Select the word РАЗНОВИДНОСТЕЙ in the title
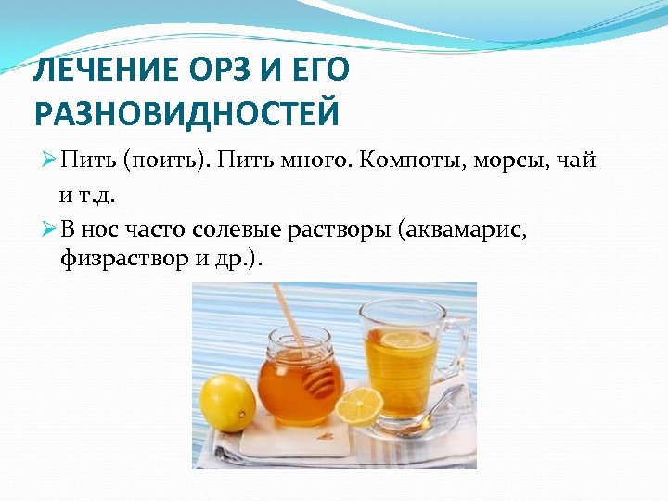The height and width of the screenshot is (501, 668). [x=186, y=114]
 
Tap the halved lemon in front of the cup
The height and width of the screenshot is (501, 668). [x=359, y=405]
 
